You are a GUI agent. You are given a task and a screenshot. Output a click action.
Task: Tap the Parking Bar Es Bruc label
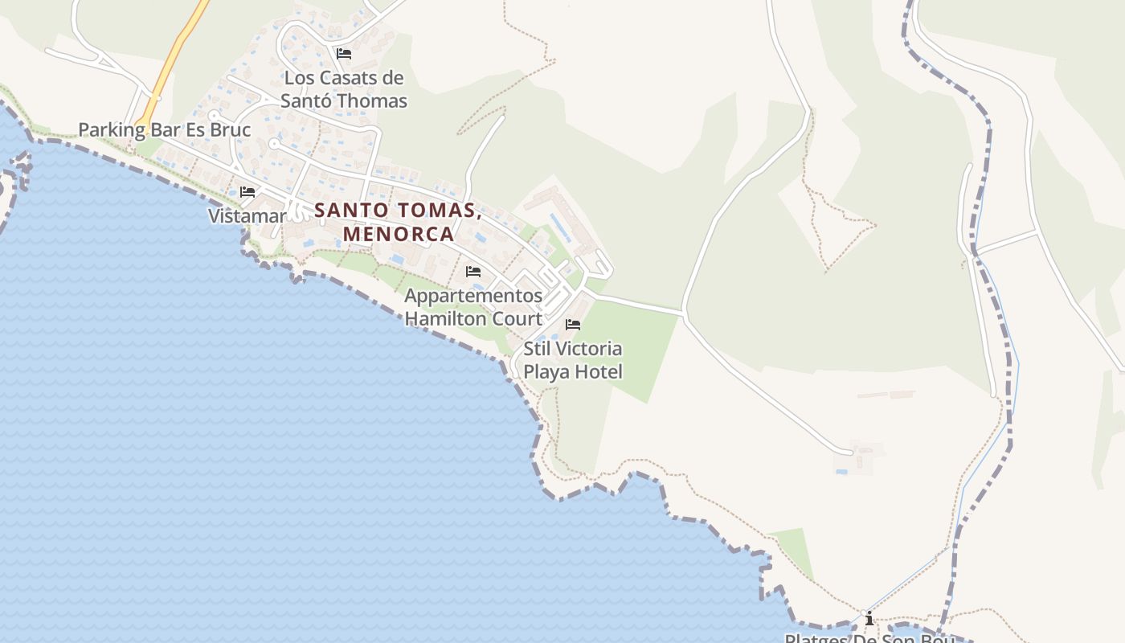tap(164, 130)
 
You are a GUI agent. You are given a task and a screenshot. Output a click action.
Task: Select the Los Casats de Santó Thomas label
tap(344, 89)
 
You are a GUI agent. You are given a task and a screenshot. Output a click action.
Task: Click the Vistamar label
tap(247, 216)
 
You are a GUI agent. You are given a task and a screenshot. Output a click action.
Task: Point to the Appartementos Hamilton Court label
tap(473, 306)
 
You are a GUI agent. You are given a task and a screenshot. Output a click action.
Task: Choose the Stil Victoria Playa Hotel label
tap(573, 360)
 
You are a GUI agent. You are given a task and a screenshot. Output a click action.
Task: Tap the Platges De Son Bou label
tap(869, 638)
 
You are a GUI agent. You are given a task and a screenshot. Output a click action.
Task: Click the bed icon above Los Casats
tap(344, 54)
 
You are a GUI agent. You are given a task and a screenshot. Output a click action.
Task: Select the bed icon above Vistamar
tap(247, 192)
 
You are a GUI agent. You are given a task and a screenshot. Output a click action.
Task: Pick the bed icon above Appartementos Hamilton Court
tap(473, 272)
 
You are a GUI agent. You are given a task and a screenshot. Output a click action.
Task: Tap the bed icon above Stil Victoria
tap(573, 325)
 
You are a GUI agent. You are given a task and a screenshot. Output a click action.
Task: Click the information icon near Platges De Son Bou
tap(869, 618)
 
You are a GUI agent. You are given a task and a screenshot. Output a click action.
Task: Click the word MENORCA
tap(399, 234)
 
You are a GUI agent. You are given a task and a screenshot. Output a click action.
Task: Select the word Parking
tap(112, 130)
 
